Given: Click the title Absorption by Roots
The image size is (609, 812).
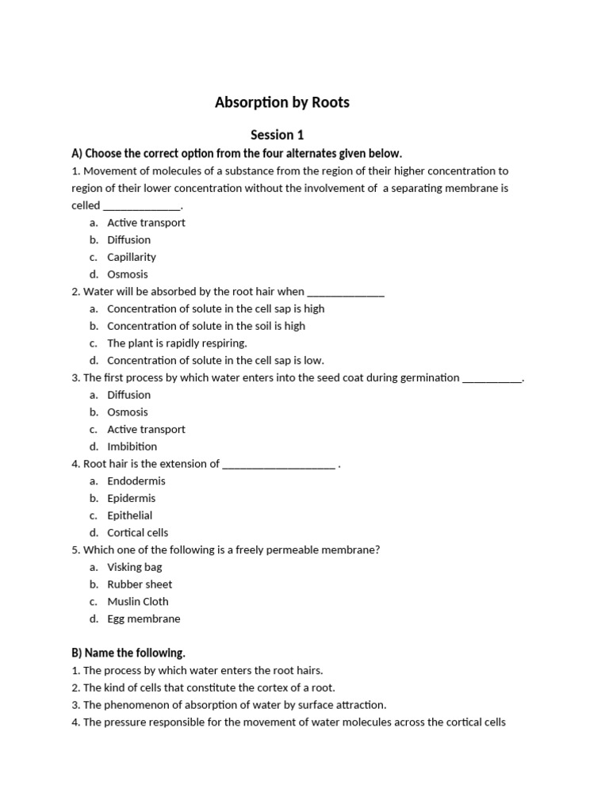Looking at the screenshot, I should click(x=282, y=102).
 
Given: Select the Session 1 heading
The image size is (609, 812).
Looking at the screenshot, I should click(x=277, y=135).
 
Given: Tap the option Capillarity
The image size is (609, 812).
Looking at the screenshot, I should click(x=132, y=257).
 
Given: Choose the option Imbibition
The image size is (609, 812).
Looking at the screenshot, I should click(x=132, y=446).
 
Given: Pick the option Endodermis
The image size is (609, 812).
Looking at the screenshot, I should click(x=136, y=481).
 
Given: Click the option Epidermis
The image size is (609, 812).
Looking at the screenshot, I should click(x=132, y=498).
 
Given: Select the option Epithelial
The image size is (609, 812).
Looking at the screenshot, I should click(x=130, y=515).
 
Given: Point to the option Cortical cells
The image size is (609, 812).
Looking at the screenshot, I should click(x=138, y=533).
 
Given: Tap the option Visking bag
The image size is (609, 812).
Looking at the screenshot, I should click(x=136, y=567).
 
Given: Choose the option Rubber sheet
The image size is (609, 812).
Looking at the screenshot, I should click(x=140, y=584).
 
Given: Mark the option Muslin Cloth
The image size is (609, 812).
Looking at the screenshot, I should click(x=138, y=601).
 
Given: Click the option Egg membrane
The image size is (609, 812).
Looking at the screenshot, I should click(x=144, y=619).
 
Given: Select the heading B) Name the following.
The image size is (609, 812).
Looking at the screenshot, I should click(x=128, y=653).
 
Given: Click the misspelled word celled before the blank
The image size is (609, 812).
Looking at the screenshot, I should click(x=86, y=205).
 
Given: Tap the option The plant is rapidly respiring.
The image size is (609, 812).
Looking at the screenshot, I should click(x=178, y=343).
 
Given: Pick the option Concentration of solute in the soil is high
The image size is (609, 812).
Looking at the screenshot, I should click(x=206, y=326).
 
